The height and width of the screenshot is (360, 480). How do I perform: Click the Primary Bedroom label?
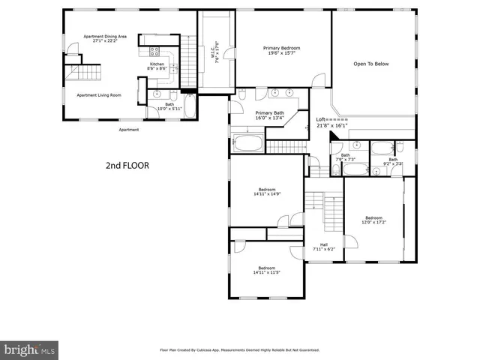tap(281, 48)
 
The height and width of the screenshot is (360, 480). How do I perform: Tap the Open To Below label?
tap(371, 64)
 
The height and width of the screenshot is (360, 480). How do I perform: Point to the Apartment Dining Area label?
tap(104, 37)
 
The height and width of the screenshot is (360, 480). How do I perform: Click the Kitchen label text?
tap(157, 64)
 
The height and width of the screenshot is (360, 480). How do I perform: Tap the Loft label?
tap(321, 119)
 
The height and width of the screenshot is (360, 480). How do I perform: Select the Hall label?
tap(324, 244)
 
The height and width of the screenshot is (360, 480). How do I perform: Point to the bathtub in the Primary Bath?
tap(247, 142)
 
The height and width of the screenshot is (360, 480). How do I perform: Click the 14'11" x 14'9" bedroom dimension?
tap(267, 194)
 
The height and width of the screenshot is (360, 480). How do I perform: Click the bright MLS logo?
tap(30, 349)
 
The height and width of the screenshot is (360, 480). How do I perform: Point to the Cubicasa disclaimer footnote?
tap(240, 349)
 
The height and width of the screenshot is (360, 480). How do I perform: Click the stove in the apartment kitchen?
tap(155, 52)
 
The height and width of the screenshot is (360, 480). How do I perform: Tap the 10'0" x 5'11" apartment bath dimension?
tap(169, 109)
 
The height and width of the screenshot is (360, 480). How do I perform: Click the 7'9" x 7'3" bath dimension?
tap(345, 160)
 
